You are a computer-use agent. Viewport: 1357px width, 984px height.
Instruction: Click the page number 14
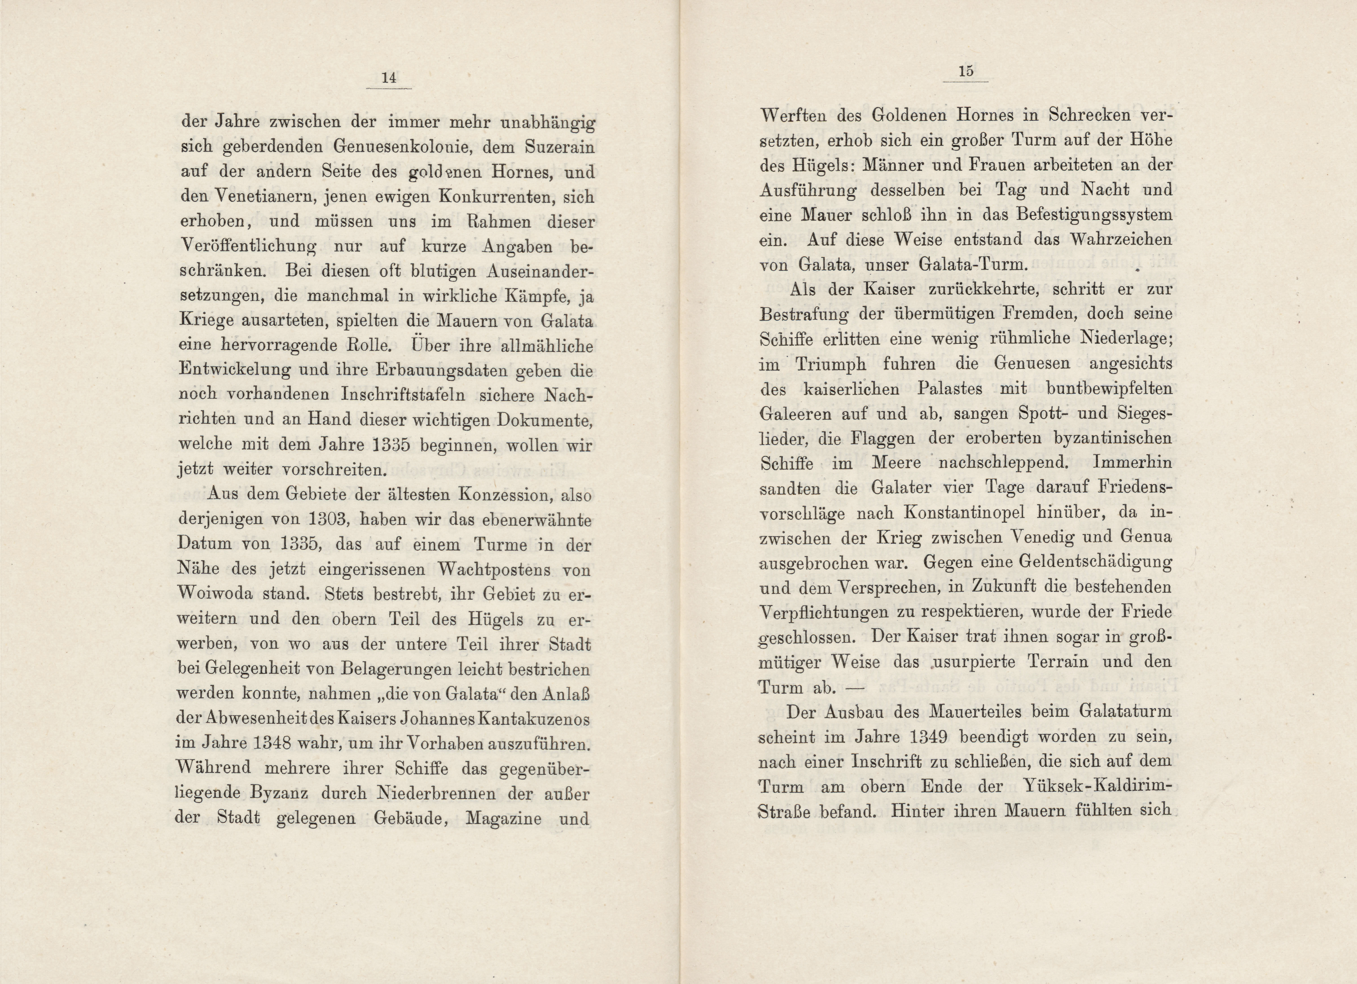389,78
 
